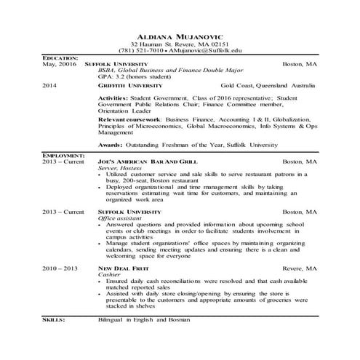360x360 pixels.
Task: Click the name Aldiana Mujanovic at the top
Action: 180,36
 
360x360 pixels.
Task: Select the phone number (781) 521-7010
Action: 140,51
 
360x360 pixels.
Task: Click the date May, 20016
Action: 60,64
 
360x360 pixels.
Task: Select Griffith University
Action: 124,85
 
